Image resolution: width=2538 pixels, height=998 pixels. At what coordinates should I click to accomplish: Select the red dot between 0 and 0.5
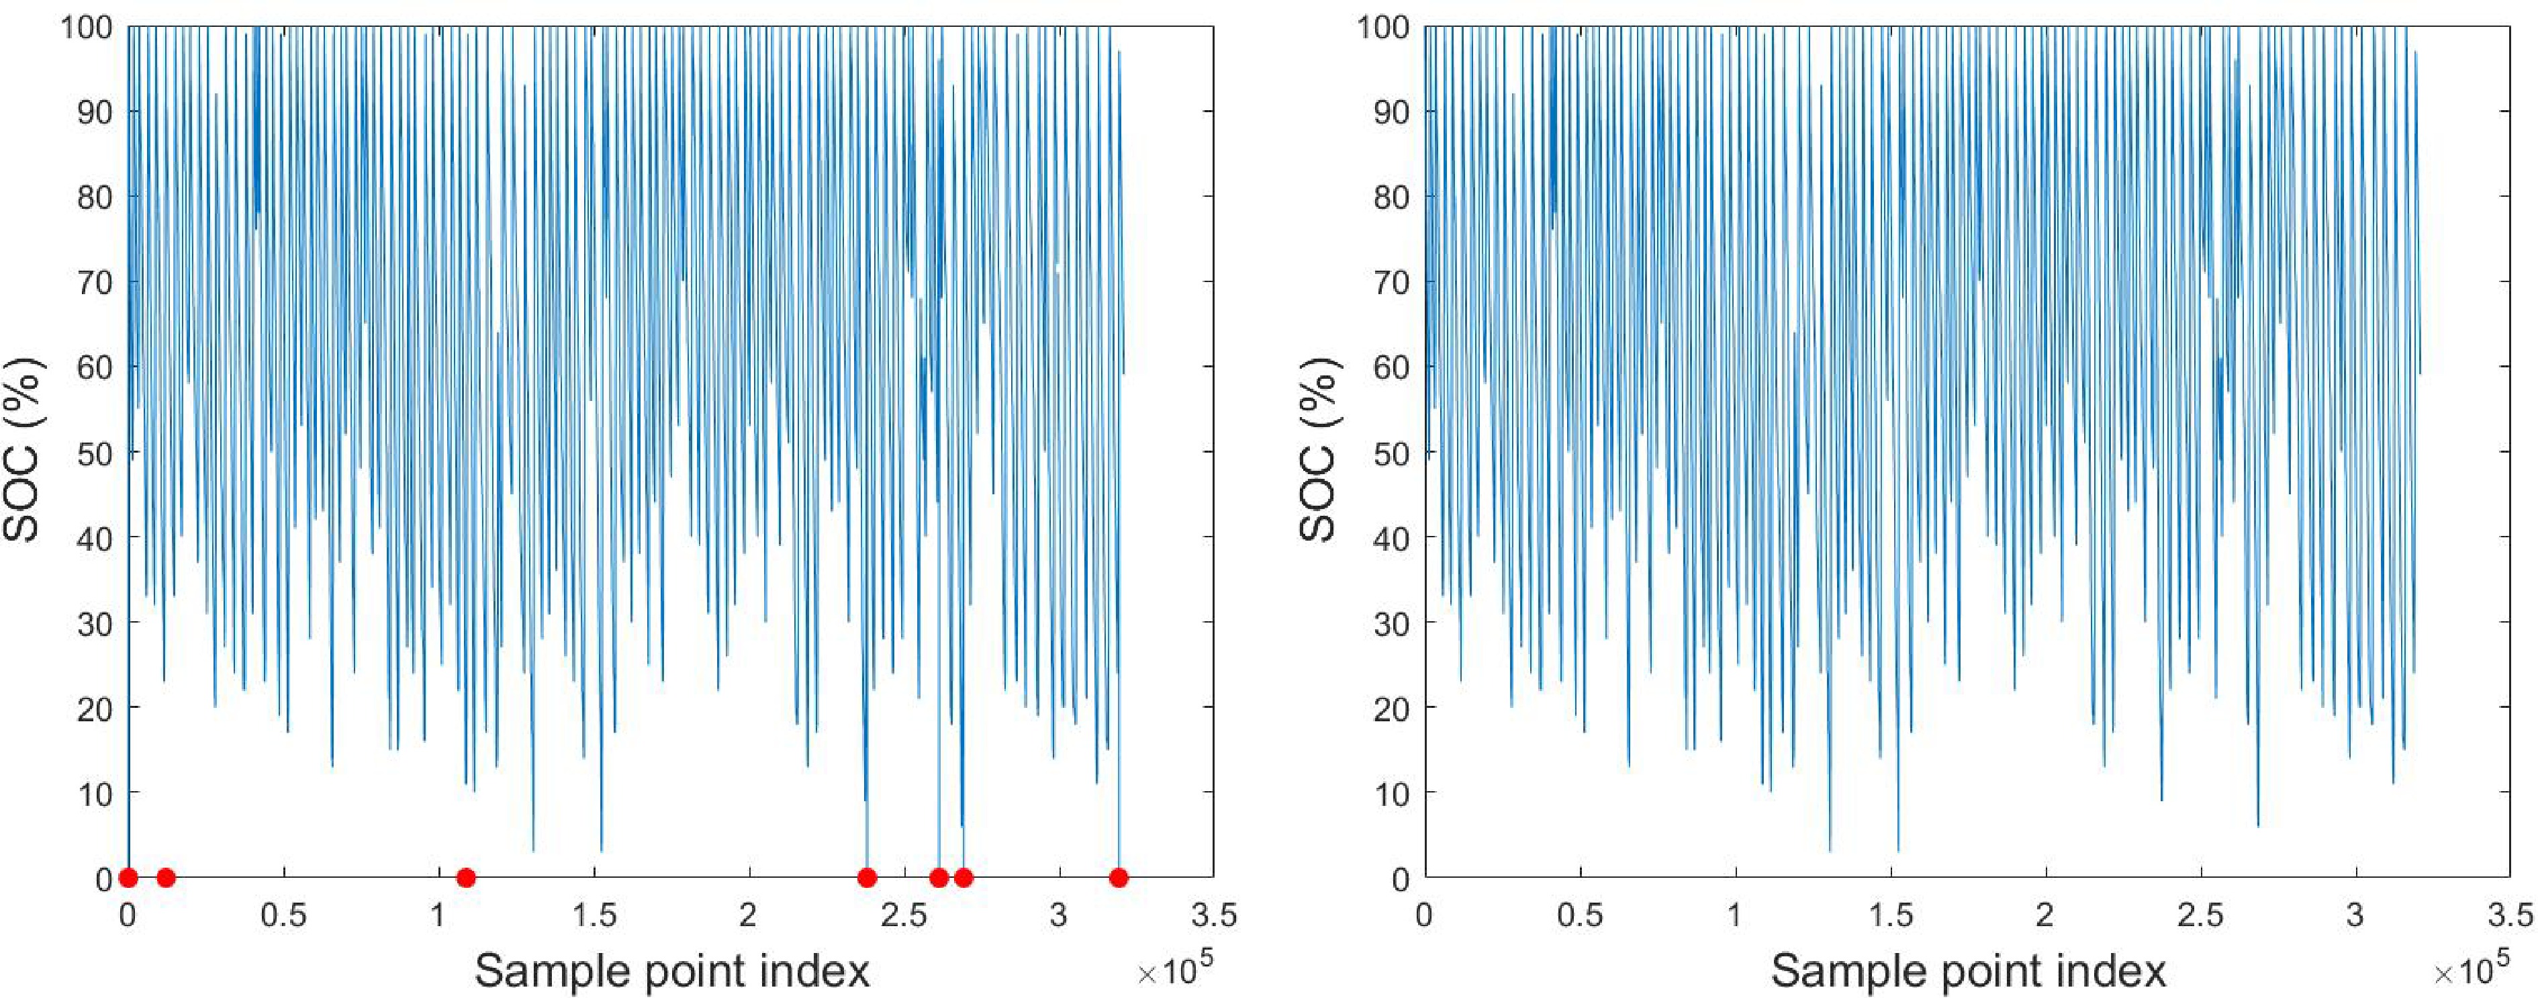click(x=166, y=877)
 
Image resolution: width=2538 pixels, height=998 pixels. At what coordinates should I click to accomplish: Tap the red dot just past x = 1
click(x=466, y=877)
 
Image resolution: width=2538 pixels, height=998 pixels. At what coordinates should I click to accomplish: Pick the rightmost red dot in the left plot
click(x=1117, y=877)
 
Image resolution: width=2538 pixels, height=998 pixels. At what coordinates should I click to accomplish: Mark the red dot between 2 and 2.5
click(x=866, y=877)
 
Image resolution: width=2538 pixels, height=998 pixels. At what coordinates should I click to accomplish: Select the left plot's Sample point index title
click(x=672, y=971)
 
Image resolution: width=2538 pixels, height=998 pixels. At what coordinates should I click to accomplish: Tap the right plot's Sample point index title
click(x=1969, y=971)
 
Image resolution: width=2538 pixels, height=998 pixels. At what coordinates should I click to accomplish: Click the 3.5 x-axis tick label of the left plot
click(x=1213, y=916)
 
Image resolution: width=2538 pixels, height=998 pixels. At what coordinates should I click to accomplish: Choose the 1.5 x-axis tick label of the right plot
click(x=1891, y=916)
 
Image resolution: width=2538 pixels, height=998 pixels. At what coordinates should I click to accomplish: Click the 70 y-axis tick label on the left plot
click(x=95, y=282)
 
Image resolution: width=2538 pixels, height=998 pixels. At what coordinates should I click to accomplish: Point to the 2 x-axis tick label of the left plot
click(x=749, y=916)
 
